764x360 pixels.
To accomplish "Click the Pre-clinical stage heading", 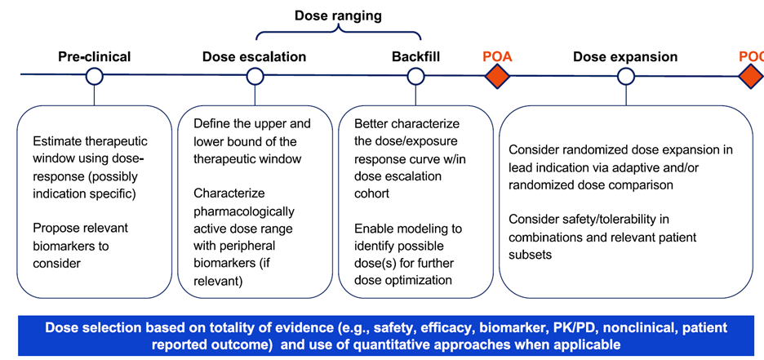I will pyautogui.click(x=94, y=56).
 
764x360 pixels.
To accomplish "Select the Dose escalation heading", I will pyautogui.click(x=254, y=56).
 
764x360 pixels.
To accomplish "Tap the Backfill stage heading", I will pyautogui.click(x=416, y=56).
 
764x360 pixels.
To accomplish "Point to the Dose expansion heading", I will pyautogui.click(x=625, y=56).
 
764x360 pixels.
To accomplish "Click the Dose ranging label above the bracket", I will pyautogui.click(x=338, y=16).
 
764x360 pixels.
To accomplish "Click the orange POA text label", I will pyautogui.click(x=497, y=56).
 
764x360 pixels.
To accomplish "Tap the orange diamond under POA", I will pyautogui.click(x=497, y=77).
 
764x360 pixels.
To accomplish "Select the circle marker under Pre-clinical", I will pyautogui.click(x=94, y=77).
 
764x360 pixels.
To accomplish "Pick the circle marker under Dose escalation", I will pyautogui.click(x=255, y=77).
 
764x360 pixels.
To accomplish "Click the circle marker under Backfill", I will pyautogui.click(x=416, y=77).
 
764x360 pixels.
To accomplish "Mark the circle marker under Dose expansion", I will pyautogui.click(x=626, y=77).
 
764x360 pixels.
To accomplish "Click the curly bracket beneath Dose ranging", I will pyautogui.click(x=338, y=33).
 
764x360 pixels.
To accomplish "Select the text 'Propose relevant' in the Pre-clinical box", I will pyautogui.click(x=80, y=228).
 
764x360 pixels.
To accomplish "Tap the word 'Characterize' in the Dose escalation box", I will pyautogui.click(x=229, y=193).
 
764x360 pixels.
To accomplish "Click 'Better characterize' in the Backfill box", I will pyautogui.click(x=406, y=123).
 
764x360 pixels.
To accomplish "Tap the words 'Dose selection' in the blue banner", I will pyautogui.click(x=89, y=327).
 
